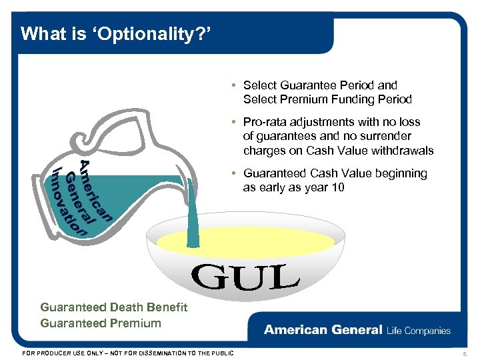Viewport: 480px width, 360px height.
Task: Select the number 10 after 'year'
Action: tap(337, 187)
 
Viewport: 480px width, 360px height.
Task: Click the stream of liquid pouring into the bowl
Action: tap(193, 213)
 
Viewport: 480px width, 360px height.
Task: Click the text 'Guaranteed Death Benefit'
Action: tap(113, 307)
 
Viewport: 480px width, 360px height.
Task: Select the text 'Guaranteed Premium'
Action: tap(101, 323)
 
